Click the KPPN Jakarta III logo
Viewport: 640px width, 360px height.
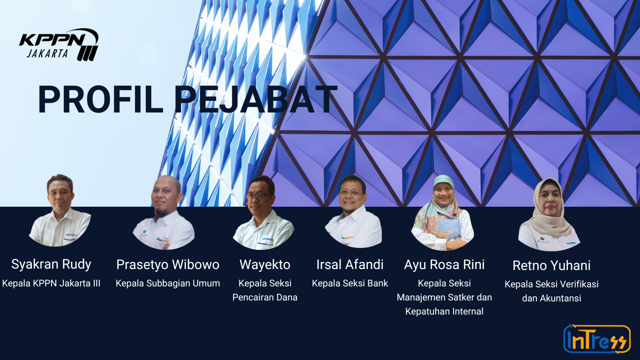coord(59,45)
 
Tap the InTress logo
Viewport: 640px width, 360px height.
coord(597,339)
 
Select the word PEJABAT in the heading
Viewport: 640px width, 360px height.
coord(256,99)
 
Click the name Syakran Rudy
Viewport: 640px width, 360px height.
coord(51,264)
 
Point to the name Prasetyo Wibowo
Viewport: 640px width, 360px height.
coord(168,264)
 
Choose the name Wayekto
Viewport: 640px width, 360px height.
coord(265,264)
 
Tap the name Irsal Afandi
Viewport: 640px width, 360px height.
coord(350,264)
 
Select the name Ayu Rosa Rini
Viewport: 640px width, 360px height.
coord(444,264)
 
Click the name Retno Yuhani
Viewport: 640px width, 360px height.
coord(551,265)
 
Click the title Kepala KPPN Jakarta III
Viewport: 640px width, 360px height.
coord(51,284)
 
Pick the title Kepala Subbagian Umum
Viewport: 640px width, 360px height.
coord(168,284)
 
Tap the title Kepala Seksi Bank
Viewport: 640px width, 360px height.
coord(350,284)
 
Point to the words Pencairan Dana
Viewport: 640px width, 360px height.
coord(265,297)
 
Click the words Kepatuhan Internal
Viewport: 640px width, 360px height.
coord(444,311)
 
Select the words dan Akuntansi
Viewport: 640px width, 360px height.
coord(551,298)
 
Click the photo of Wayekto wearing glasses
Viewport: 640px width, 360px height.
coord(263,212)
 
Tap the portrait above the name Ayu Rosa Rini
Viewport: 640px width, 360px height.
coord(443,212)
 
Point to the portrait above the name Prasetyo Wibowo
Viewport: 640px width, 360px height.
coord(164,212)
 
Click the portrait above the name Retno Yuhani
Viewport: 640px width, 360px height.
coord(549,214)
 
